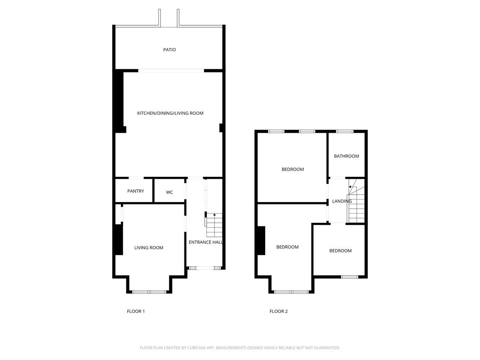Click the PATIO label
pos(169,50)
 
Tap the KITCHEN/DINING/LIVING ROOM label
pos(170,113)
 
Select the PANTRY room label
pos(136,191)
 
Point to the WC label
pos(169,192)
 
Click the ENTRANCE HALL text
pos(205,242)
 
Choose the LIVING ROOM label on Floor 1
pos(148,248)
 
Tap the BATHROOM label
pos(346,156)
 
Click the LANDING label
pos(342,201)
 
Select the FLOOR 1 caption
pos(136,311)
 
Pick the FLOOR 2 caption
pos(278,311)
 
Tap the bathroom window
pos(344,131)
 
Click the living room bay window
pos(149,292)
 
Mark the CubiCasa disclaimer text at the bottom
pos(240,348)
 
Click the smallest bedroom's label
pos(340,251)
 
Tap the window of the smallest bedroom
pos(349,277)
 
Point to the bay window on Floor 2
pos(292,292)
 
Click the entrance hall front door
pos(205,268)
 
